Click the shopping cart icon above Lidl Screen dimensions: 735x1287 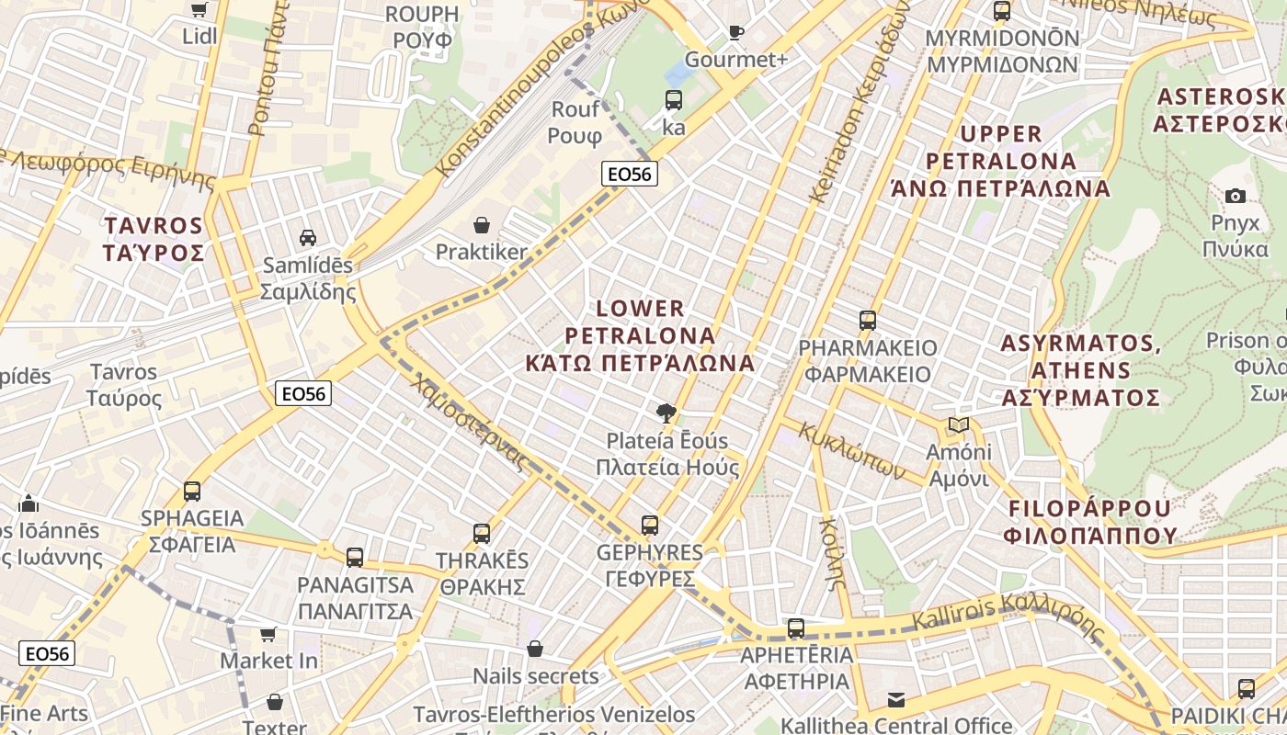(199, 10)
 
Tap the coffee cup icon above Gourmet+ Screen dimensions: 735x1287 (735, 32)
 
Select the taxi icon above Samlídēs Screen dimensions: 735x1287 (308, 237)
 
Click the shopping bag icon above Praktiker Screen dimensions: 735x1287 (481, 224)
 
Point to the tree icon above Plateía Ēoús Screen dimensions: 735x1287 (666, 413)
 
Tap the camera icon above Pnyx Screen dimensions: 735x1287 (1236, 196)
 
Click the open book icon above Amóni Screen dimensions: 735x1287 (959, 425)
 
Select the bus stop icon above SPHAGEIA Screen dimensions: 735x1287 (191, 491)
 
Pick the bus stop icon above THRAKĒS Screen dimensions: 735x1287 (481, 533)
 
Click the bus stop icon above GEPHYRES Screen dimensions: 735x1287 (649, 526)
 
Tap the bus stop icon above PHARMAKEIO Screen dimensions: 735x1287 (867, 321)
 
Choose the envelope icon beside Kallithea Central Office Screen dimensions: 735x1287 (896, 700)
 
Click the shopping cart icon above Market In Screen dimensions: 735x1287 (268, 634)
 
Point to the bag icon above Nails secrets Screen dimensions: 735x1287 (535, 650)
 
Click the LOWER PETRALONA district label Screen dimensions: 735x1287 (640, 335)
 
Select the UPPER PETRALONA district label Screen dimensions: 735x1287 (1000, 161)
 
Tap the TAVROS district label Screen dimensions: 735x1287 (154, 239)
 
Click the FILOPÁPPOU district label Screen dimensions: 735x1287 (1090, 522)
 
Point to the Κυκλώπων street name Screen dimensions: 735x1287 (845, 451)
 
